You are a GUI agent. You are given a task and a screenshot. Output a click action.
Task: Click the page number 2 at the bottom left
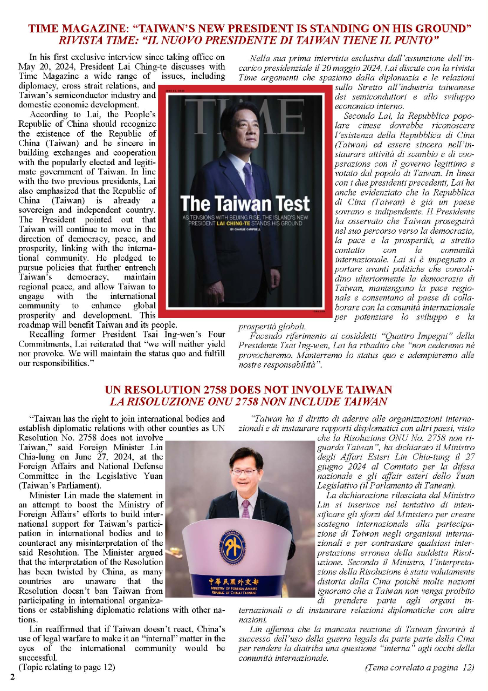click(x=11, y=675)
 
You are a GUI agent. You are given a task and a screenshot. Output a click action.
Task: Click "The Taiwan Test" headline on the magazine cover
click(x=245, y=204)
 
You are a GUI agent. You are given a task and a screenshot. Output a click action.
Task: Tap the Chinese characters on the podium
click(x=233, y=581)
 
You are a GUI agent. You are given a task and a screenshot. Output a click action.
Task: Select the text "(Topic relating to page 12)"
click(x=67, y=667)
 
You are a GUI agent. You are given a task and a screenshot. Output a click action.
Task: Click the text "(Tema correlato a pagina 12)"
click(x=420, y=667)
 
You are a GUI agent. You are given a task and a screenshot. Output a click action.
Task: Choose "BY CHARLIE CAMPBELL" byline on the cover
click(x=245, y=229)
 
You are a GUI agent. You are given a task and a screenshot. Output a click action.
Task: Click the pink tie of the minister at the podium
click(x=245, y=508)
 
